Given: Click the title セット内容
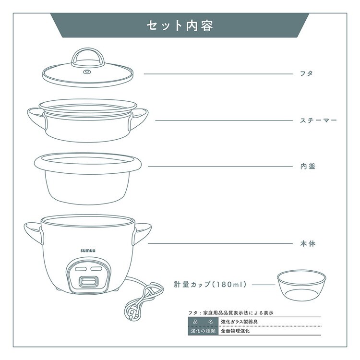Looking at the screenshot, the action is pos(180,25).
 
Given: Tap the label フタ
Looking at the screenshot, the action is pos(307,74).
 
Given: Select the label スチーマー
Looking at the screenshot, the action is pos(318,120).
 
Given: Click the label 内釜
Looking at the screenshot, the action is pos(308,166).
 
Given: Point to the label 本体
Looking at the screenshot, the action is pos(308,243).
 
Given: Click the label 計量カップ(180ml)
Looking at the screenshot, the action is pos(210,285).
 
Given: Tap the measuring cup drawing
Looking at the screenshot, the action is pos(301,285).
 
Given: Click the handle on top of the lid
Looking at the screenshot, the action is pos(87,57).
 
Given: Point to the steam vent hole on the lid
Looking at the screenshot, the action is pos(87,72).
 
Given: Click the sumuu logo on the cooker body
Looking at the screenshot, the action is pos(88,251).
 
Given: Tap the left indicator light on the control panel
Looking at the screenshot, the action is pos(81,269).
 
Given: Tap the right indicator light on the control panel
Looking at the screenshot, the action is pos(96,269).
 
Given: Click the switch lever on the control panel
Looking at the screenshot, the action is pos(88,281).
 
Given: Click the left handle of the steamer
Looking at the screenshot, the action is pos(37,119).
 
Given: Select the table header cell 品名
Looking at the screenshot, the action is pos(203,322).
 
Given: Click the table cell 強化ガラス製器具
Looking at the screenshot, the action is pos(239,322).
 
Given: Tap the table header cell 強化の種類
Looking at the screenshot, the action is pos(203,331).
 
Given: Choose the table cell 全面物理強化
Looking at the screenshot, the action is pos(235,331).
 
